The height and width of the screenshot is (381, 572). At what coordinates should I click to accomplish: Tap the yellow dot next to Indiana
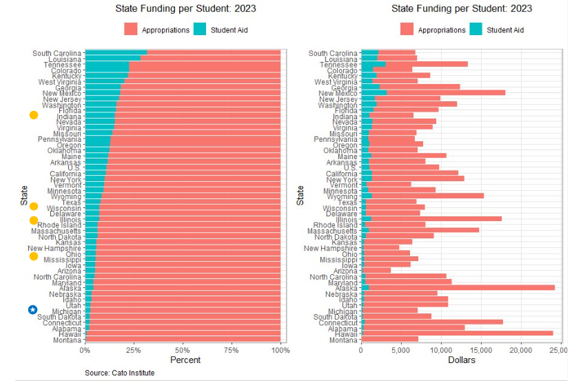coord(33,115)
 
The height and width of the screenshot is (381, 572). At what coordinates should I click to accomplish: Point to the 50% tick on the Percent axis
coord(183,350)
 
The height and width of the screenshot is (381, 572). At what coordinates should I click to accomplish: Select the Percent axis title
coord(183,360)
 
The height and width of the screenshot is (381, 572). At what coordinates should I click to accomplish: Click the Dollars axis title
coord(462,360)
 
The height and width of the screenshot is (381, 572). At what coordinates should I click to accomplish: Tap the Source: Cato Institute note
coord(119,373)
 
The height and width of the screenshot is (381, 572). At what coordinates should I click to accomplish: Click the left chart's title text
coord(183,9)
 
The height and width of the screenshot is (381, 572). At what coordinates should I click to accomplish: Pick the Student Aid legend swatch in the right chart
coord(476,30)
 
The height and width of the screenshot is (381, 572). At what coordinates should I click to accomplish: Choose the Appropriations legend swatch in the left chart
coord(131,30)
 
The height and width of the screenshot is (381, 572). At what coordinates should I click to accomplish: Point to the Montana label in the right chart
coord(343,340)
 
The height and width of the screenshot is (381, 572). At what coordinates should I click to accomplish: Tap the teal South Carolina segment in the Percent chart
coord(116,52)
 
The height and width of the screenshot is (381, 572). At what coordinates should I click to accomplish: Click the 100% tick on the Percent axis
coord(280,350)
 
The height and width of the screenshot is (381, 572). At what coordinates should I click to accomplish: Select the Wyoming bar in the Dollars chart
coord(427,196)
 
